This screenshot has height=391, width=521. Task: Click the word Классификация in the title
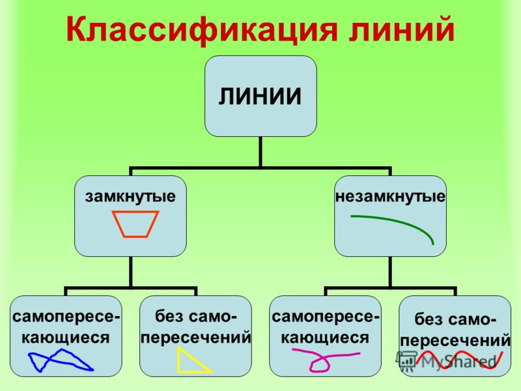pyautogui.click(x=203, y=31)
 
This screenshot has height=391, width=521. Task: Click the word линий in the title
pyautogui.click(x=402, y=29)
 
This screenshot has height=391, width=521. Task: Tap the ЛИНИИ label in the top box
pyautogui.click(x=260, y=96)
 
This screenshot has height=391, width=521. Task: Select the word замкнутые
pyautogui.click(x=130, y=197)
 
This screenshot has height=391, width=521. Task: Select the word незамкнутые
pyautogui.click(x=390, y=197)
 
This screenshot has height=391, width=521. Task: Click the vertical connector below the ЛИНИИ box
pyautogui.click(x=260, y=152)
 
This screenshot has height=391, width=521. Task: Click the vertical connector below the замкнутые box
pyautogui.click(x=131, y=272)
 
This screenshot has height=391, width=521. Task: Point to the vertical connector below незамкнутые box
pyautogui.click(x=390, y=272)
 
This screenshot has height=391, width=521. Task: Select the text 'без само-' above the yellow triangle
pyautogui.click(x=196, y=316)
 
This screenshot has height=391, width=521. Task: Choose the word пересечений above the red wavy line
pyautogui.click(x=455, y=340)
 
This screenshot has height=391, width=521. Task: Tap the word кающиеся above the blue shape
pyautogui.click(x=66, y=338)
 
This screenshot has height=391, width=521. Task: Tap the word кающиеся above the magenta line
pyautogui.click(x=325, y=338)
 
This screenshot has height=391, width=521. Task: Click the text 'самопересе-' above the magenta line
pyautogui.click(x=325, y=317)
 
